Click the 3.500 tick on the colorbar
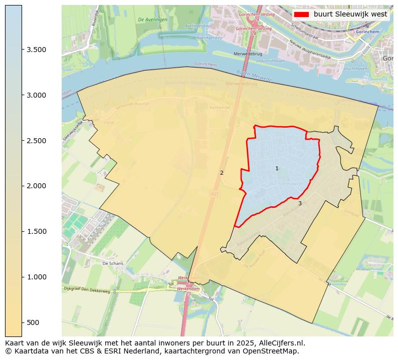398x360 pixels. point(37,50)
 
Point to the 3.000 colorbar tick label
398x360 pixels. point(37,95)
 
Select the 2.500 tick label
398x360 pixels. point(37,141)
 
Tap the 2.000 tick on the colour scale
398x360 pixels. point(37,186)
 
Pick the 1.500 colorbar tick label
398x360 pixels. point(37,231)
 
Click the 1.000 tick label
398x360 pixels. point(37,277)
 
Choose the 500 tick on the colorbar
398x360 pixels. point(33,322)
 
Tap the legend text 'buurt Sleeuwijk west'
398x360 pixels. point(350,14)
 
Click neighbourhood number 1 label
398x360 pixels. point(277,168)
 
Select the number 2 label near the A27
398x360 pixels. point(222,173)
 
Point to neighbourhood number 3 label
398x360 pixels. point(300,203)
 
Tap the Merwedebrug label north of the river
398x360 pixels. point(245,53)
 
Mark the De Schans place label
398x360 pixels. point(112,263)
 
